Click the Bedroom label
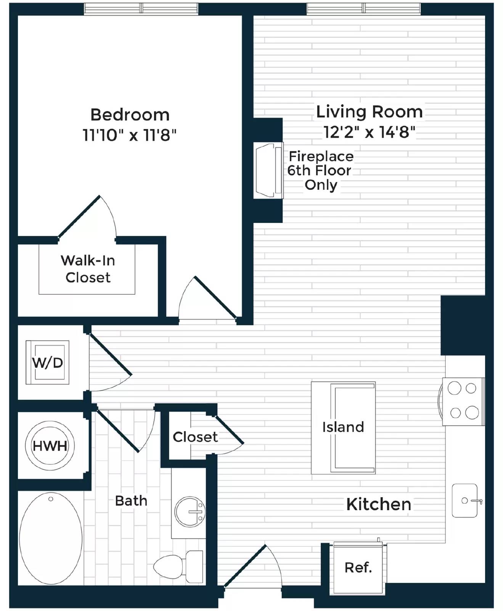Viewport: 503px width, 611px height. pos(130,115)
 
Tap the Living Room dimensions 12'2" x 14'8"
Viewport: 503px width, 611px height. pos(369,132)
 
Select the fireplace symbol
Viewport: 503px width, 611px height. pos(268,170)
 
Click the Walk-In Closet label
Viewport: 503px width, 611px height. pos(88,269)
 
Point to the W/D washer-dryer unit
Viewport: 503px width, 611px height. pos(47,362)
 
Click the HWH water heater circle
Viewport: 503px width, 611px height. pos(50,445)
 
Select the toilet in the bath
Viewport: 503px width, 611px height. pos(178,567)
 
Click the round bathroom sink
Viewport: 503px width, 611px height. pos(190,512)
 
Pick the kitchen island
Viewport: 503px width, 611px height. pos(343,428)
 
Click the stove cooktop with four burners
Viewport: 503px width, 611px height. pos(463,401)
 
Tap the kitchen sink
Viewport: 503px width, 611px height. pos(465,500)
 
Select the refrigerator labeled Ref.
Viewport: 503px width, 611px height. pos(358,568)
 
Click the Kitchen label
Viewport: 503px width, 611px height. pos(379,504)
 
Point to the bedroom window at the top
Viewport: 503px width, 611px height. pos(141,8)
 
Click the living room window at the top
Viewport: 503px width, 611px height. pos(363,8)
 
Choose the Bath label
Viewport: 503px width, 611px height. pos(131,501)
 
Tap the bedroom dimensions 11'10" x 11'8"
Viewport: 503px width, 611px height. pos(130,135)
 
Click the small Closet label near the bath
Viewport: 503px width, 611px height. pos(195,437)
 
